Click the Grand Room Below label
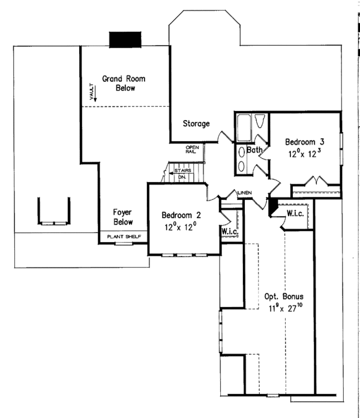pos(123,83)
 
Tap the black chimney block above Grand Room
pos(124,38)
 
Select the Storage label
pos(196,124)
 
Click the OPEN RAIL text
pos(192,150)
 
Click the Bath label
pos(255,150)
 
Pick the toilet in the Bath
pos(261,122)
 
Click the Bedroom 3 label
pos(300,142)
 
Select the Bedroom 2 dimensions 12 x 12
pos(179,226)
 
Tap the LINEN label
pos(244,193)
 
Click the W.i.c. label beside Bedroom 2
pos(229,231)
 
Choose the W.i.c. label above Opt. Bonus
pos(294,213)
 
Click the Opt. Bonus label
pos(284,297)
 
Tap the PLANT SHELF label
pos(124,237)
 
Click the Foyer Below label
pos(122,217)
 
